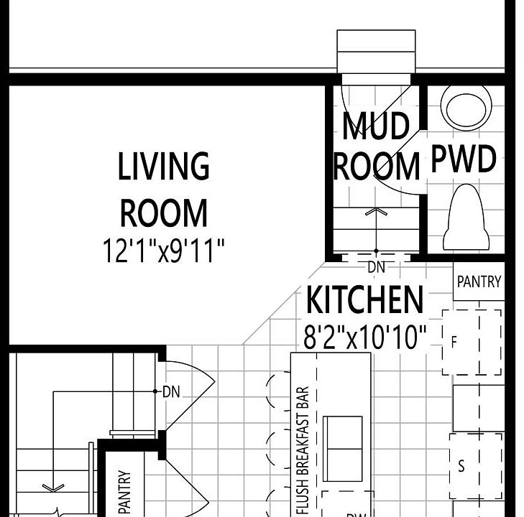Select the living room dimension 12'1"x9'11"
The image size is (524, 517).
[x=164, y=251]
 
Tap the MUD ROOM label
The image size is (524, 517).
[x=376, y=146]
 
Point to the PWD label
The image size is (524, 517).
[x=464, y=159]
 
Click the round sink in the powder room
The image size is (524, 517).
[x=466, y=108]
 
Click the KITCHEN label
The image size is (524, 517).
[x=364, y=299]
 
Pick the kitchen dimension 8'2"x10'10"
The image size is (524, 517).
[x=364, y=336]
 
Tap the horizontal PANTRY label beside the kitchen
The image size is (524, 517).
[x=479, y=281]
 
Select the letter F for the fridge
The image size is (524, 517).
[x=454, y=343]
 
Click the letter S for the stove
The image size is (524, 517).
[x=461, y=466]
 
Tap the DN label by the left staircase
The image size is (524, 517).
[x=170, y=392]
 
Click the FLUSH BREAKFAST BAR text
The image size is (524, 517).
[x=303, y=451]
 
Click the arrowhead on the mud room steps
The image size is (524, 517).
[x=376, y=212]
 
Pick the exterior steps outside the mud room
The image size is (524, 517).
[x=376, y=51]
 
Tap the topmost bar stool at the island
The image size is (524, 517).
[x=277, y=391]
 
